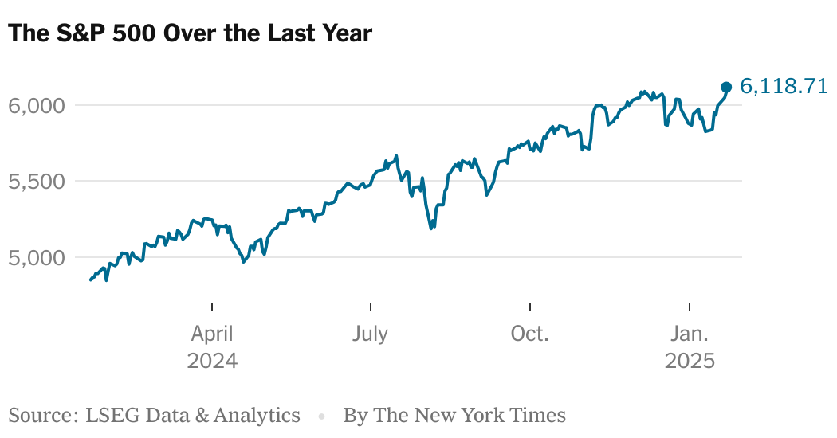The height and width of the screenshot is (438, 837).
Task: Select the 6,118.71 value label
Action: point(784,86)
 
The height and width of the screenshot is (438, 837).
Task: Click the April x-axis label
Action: point(212,334)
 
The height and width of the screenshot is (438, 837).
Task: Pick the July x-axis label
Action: point(370,334)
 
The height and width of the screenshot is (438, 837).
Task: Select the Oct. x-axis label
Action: point(530,334)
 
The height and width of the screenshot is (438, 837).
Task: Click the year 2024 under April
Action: point(212,361)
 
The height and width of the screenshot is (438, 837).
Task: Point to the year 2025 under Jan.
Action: point(690,361)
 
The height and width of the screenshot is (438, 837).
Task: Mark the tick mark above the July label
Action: point(371,307)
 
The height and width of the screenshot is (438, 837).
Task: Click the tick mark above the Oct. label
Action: point(530,307)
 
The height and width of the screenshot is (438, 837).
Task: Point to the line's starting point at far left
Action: point(90,280)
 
